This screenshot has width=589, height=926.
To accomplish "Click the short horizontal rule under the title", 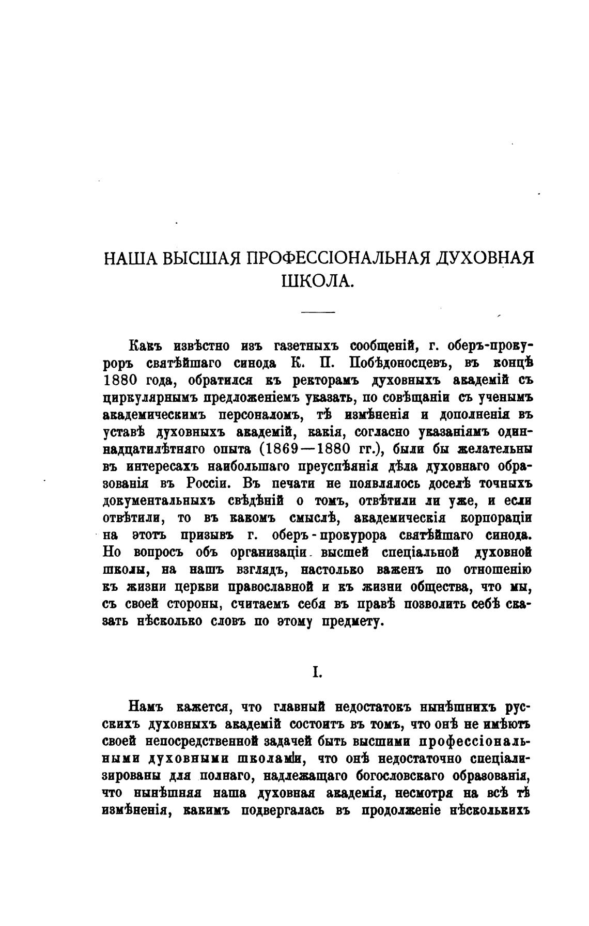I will point(318,312).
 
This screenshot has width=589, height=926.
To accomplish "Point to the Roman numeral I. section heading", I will point(317,671).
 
